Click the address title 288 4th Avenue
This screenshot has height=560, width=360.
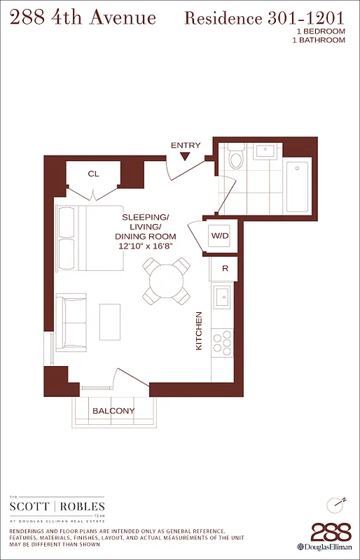click(x=82, y=17)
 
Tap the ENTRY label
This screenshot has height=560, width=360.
click(x=186, y=146)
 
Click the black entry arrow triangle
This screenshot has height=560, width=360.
click(x=186, y=157)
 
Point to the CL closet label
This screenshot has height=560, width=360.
click(x=93, y=174)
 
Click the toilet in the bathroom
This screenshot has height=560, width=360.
click(x=235, y=157)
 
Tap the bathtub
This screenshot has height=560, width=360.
click(x=297, y=186)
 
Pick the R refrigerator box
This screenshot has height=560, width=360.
click(x=224, y=267)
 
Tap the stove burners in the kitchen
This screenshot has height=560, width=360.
click(x=223, y=343)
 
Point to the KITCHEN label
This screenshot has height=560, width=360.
click(x=199, y=331)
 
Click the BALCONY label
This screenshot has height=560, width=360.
click(x=113, y=411)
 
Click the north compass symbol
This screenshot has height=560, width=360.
click(x=336, y=504)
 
